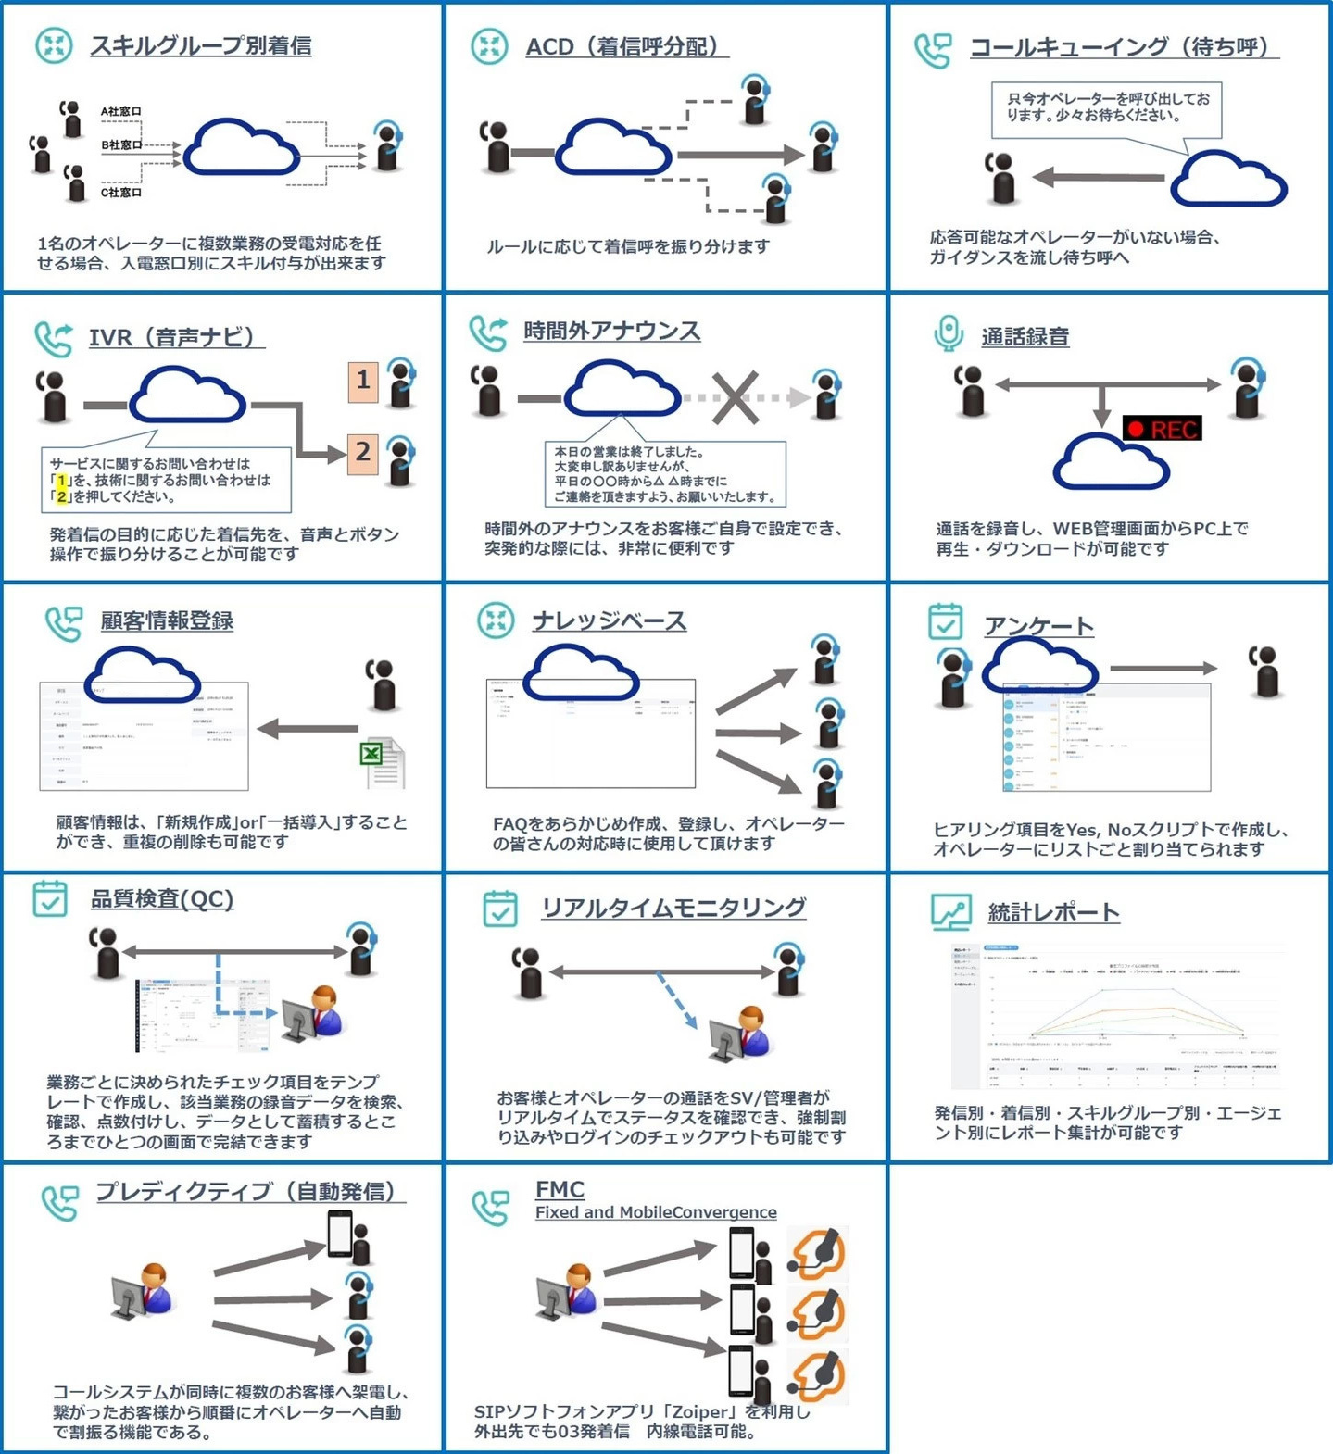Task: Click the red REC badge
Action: (1162, 429)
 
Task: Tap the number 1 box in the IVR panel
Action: (363, 381)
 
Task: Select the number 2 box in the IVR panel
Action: (363, 453)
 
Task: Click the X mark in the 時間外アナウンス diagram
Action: (736, 398)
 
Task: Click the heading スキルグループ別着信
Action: (200, 45)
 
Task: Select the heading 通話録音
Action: (1025, 337)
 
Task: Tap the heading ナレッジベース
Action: (609, 620)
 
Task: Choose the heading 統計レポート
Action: (1053, 912)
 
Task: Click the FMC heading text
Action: (560, 1189)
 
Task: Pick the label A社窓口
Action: (121, 111)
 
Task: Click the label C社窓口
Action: (121, 193)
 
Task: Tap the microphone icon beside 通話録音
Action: (948, 333)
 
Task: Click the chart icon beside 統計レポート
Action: (950, 912)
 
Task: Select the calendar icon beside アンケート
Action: (945, 621)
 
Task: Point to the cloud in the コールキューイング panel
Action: (1228, 182)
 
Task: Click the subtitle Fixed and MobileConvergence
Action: (656, 1212)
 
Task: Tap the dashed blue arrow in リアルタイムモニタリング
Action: (677, 999)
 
